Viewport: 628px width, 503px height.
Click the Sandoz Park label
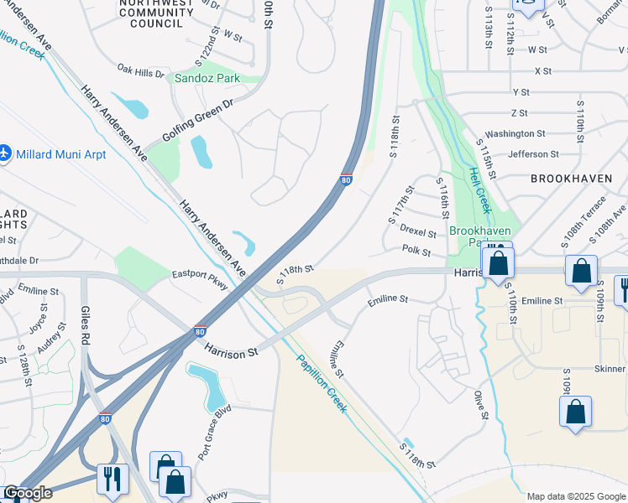(x=207, y=78)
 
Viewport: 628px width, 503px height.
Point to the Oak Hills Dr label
(x=141, y=73)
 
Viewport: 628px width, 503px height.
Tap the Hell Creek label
(x=479, y=189)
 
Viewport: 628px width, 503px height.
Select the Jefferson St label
(x=532, y=154)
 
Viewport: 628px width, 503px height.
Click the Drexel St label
(x=417, y=231)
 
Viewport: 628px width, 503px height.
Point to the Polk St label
(x=416, y=251)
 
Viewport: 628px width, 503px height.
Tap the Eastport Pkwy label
(x=200, y=279)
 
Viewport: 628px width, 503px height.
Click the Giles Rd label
(x=86, y=324)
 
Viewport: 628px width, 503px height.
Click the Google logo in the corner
(x=28, y=493)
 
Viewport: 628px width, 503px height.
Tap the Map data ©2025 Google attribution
(x=576, y=496)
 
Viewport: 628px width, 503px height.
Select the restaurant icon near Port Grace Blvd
(x=112, y=480)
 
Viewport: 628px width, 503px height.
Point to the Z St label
(x=518, y=112)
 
